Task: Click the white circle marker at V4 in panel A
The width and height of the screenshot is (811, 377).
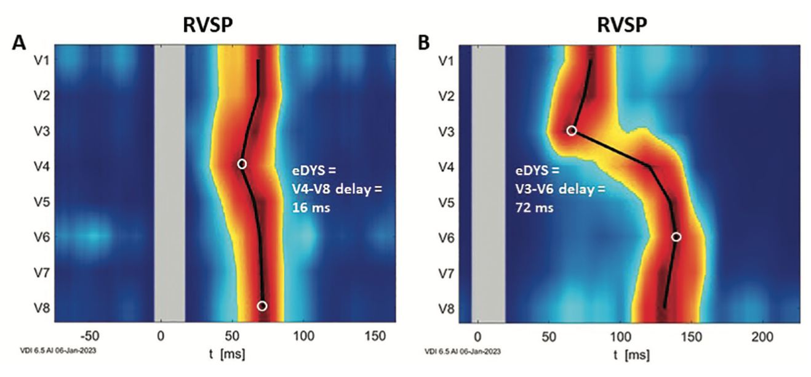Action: [242, 164]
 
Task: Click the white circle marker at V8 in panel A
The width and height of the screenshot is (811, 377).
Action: [262, 306]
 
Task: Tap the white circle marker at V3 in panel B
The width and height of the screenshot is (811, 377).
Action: [572, 131]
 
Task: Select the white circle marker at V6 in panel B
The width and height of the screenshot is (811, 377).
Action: [676, 237]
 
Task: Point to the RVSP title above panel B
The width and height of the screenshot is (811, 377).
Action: [621, 25]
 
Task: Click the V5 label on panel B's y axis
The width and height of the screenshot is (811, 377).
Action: [449, 201]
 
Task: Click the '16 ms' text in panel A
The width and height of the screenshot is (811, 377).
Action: [310, 208]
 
